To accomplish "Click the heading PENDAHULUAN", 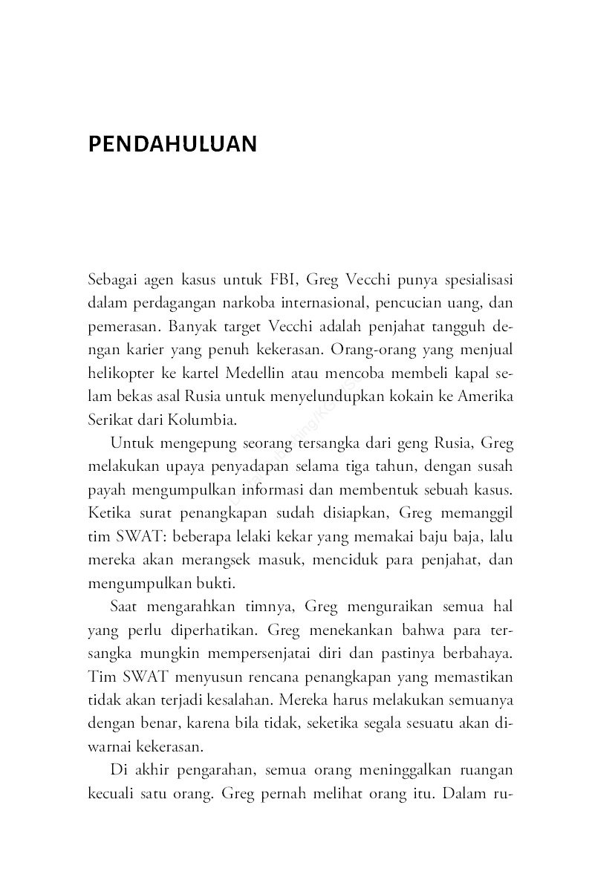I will point(172,143).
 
